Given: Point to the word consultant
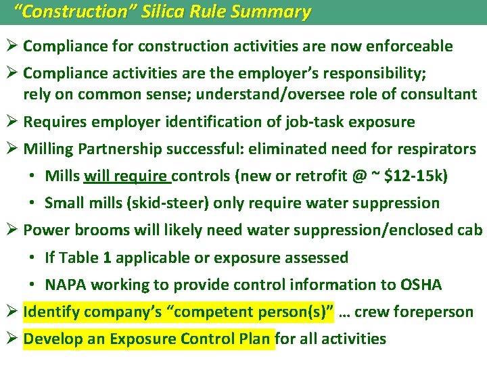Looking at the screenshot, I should click(x=437, y=94).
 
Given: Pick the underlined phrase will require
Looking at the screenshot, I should click(x=126, y=176).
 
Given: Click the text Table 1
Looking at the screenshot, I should click(x=81, y=258).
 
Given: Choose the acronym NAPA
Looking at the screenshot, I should click(x=66, y=285).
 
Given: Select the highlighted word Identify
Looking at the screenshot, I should click(x=51, y=312).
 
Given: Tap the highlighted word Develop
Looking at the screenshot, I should click(x=52, y=339).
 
